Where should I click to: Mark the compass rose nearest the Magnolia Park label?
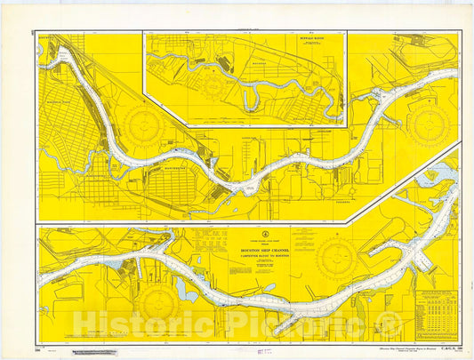pyautogui.click(x=144, y=123)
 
